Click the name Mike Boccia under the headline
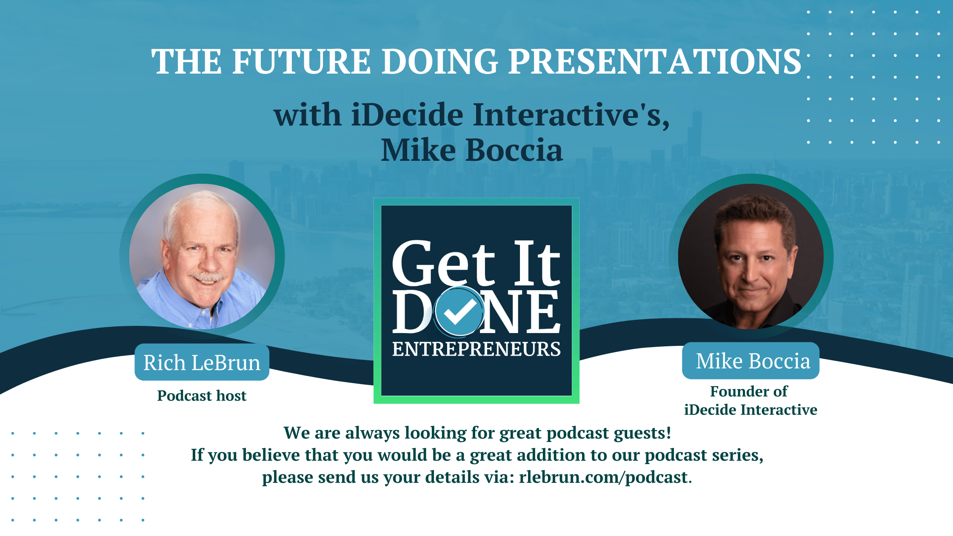[x=471, y=150]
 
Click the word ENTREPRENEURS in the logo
[x=476, y=349]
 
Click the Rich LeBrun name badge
[x=202, y=363]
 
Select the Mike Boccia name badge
[x=751, y=361]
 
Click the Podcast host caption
[x=202, y=396]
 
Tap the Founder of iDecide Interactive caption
[x=750, y=401]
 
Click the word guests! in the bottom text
[x=642, y=433]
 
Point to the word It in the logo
[x=536, y=264]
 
